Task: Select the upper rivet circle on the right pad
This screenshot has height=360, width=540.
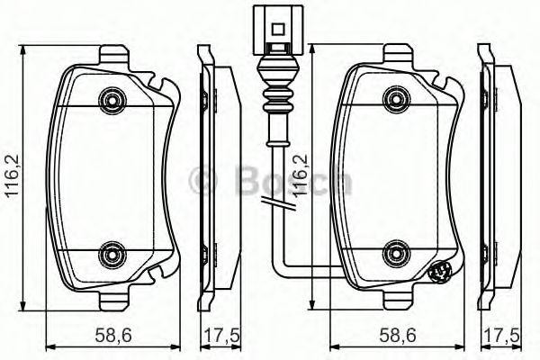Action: (x=393, y=97)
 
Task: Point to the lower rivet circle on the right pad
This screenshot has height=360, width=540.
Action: (x=393, y=253)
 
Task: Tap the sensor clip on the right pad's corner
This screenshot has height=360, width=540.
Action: (x=441, y=271)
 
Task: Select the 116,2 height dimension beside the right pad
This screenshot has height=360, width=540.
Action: (x=302, y=176)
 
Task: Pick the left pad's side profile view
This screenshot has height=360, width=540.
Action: (x=217, y=175)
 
